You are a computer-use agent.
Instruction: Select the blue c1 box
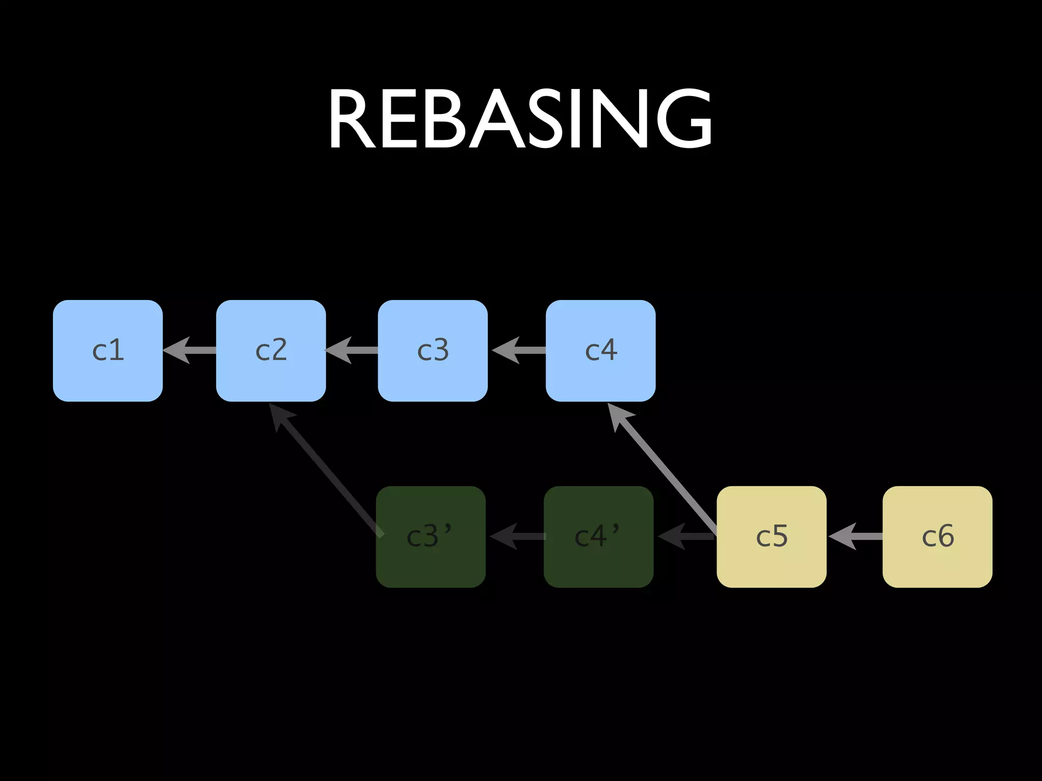click(x=108, y=351)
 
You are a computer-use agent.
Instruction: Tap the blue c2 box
click(x=271, y=351)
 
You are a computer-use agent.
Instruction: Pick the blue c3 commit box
click(x=432, y=351)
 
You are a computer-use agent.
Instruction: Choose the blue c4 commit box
click(x=600, y=351)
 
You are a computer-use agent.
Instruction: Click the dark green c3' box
click(x=430, y=537)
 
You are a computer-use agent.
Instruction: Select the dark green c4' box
click(x=598, y=537)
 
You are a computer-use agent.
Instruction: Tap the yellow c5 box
click(x=771, y=537)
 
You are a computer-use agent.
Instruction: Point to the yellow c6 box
click(x=937, y=537)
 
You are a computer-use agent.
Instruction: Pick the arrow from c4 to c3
click(x=519, y=350)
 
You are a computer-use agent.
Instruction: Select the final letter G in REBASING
click(x=683, y=120)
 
